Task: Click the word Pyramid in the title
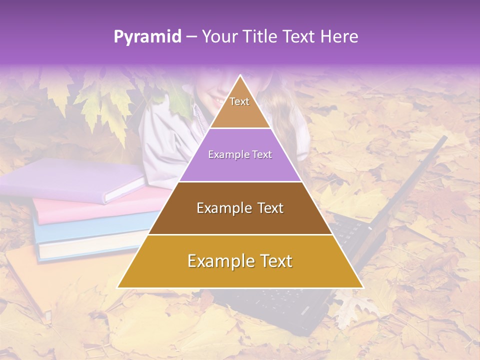coord(147,37)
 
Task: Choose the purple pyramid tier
coord(240,155)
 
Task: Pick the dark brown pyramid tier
coord(240,208)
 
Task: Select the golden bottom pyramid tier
coord(240,261)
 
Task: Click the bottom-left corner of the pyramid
coord(118,287)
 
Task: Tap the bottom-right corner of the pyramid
coord(362,287)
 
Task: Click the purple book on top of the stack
coord(70,180)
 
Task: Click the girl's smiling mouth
coord(219,102)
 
